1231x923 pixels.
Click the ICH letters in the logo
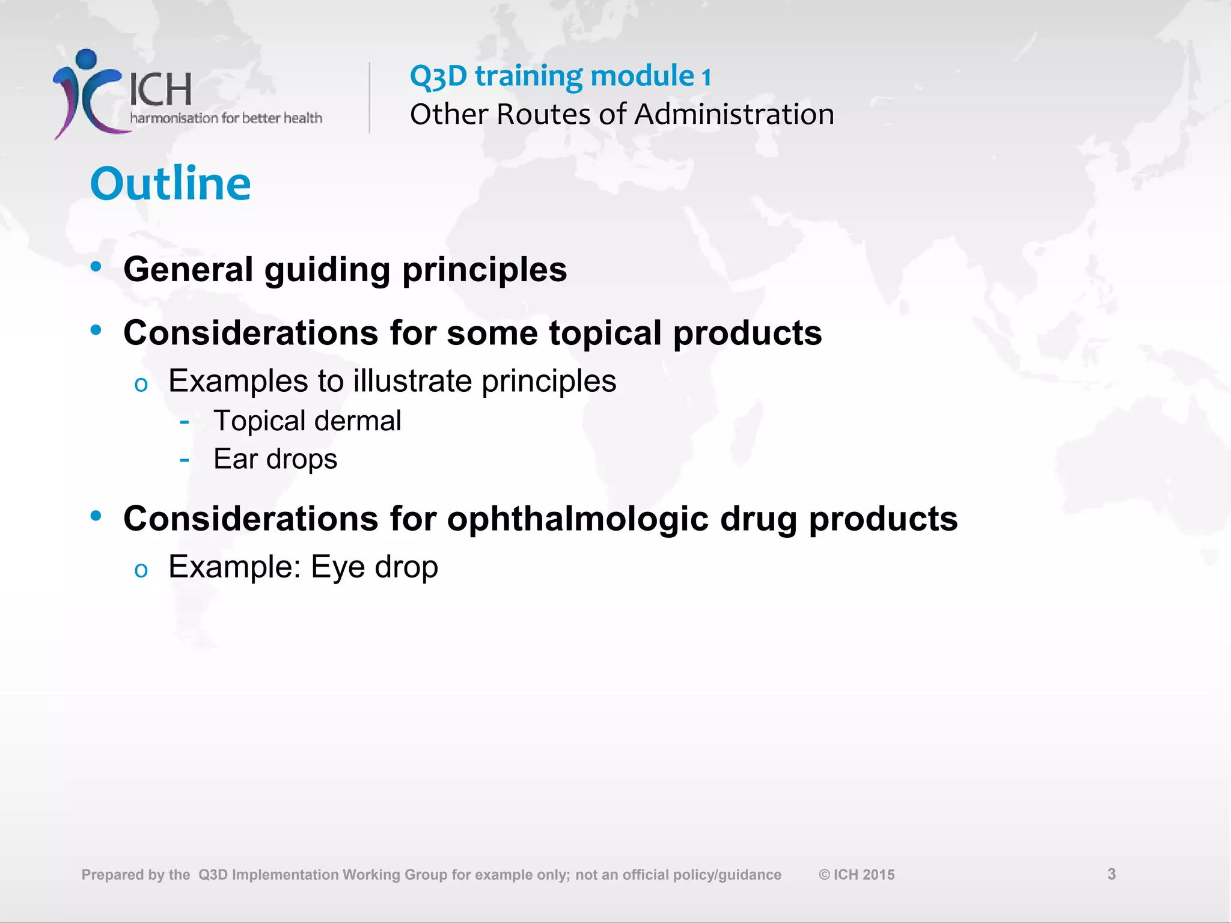(x=160, y=90)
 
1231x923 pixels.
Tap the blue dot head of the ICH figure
(x=87, y=59)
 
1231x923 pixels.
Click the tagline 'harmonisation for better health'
(x=226, y=118)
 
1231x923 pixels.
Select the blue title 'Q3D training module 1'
(x=560, y=76)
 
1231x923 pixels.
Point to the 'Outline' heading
(x=171, y=183)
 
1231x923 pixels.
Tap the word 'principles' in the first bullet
(x=484, y=269)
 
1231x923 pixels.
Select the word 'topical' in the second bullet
(x=605, y=333)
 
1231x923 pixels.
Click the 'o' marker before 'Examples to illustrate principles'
(x=141, y=385)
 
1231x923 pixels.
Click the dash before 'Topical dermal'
(x=185, y=422)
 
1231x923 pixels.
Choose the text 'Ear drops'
(x=275, y=459)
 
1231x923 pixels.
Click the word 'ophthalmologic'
(x=578, y=519)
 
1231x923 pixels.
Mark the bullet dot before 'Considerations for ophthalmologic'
(x=96, y=516)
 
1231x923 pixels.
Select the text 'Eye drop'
(x=374, y=567)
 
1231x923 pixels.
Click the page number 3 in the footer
(x=1111, y=874)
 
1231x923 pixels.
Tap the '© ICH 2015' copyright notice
(x=857, y=875)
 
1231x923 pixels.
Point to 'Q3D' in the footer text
(x=213, y=875)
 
